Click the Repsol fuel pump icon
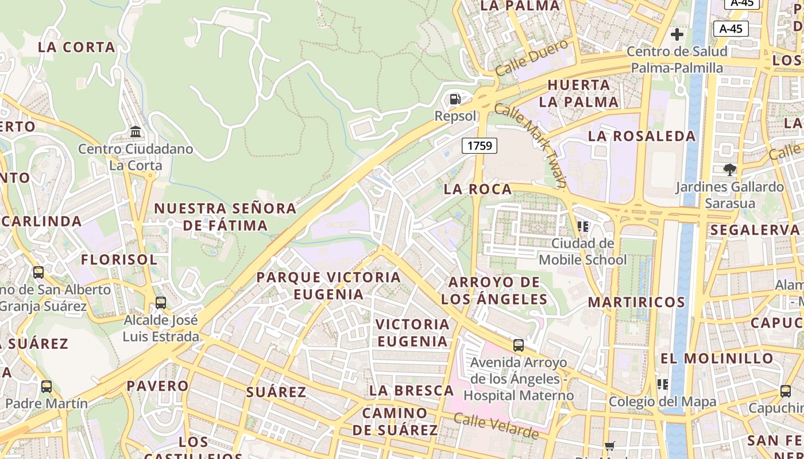[x=455, y=99]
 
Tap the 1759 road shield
[x=480, y=146]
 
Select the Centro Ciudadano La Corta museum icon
[x=136, y=132]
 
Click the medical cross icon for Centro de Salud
[x=677, y=34]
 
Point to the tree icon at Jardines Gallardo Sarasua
[x=730, y=169]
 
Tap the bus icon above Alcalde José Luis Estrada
[x=161, y=302]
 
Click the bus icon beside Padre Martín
[x=47, y=386]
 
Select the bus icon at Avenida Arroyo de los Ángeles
[x=519, y=345]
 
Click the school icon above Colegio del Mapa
[x=663, y=384]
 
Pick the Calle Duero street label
[x=531, y=58]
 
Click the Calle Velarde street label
[x=496, y=425]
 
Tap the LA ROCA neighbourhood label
[x=478, y=189]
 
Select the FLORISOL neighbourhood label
[x=119, y=260]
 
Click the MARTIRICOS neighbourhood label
[x=636, y=302]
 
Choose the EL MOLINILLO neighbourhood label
[x=717, y=359]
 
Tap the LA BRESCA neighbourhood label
[x=411, y=391]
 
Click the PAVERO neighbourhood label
[x=157, y=386]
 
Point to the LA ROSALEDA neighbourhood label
[x=641, y=136]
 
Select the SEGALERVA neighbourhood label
[x=755, y=230]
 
